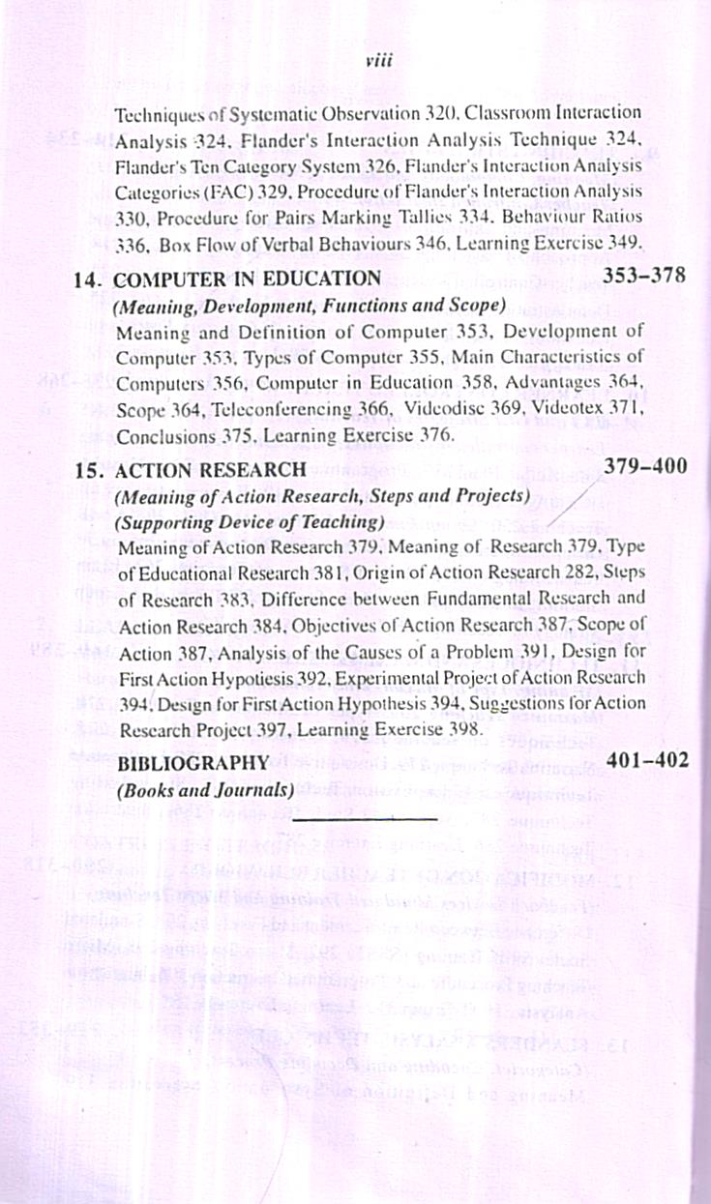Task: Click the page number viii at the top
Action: [x=376, y=60]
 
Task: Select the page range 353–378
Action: [x=643, y=275]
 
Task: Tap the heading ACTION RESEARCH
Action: [x=210, y=470]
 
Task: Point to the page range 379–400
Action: [x=645, y=466]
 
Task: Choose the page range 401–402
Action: [x=647, y=759]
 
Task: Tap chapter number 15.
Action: [x=89, y=471]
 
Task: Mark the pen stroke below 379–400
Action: [x=566, y=507]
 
